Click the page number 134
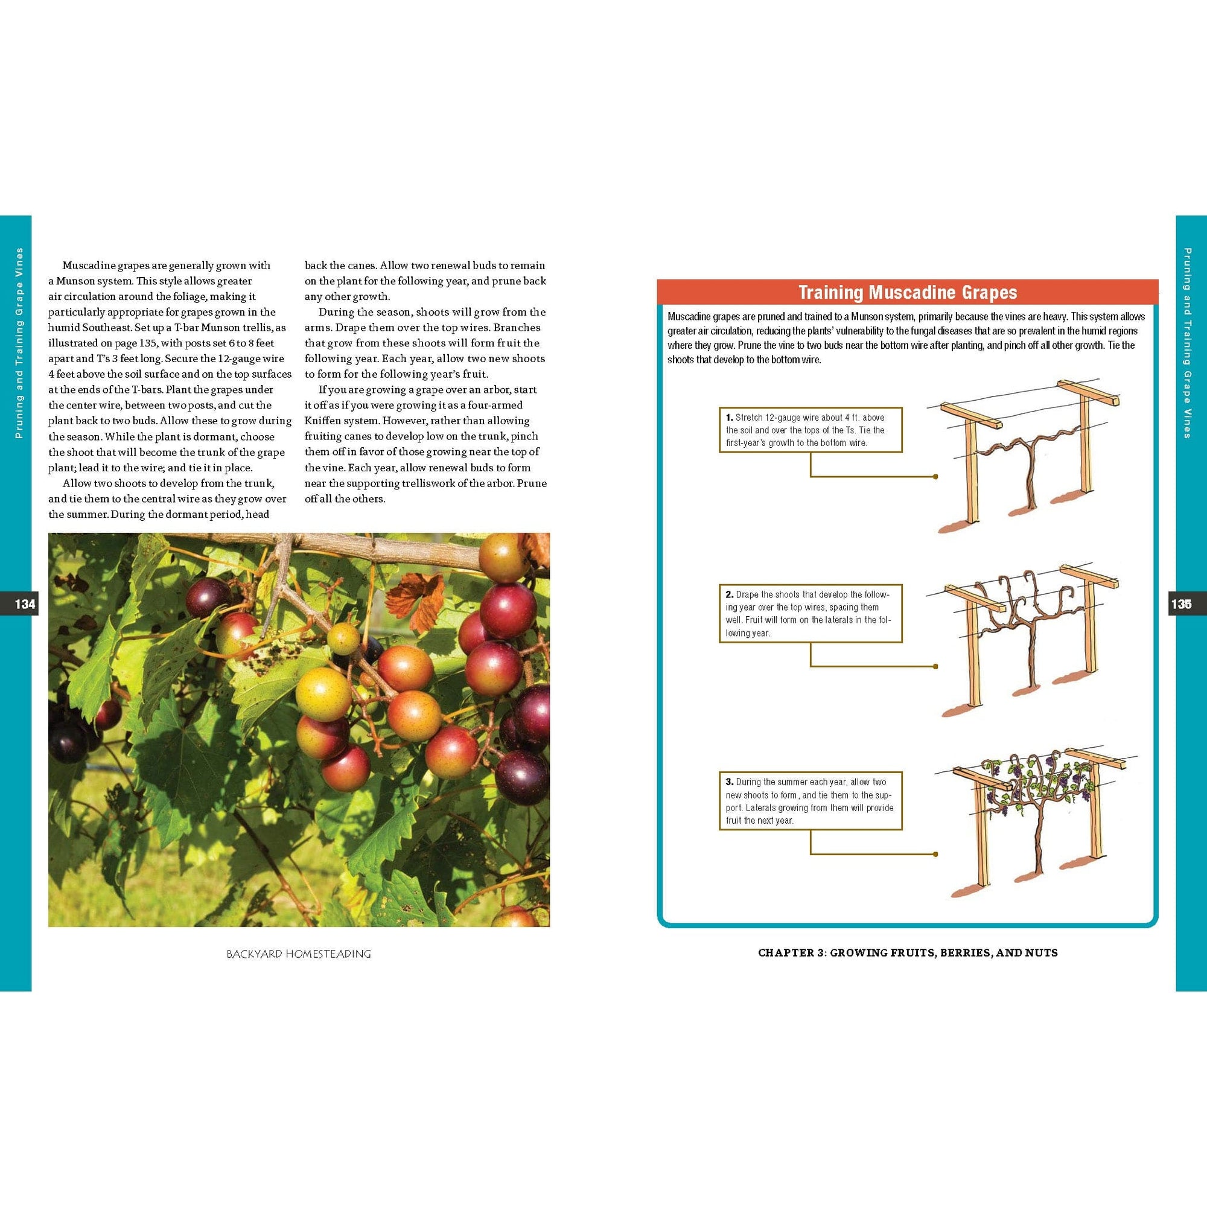pos(25,604)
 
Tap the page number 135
pos(1181,604)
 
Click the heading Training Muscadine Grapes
pos(908,292)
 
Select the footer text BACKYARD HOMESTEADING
pos(299,954)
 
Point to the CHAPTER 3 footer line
pos(908,953)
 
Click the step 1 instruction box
pos(811,430)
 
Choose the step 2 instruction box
pos(811,614)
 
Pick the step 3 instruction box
pos(811,800)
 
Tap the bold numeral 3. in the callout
pos(729,782)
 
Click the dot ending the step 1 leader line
pos(935,477)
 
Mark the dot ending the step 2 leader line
pos(935,666)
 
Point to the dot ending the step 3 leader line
pos(935,854)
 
